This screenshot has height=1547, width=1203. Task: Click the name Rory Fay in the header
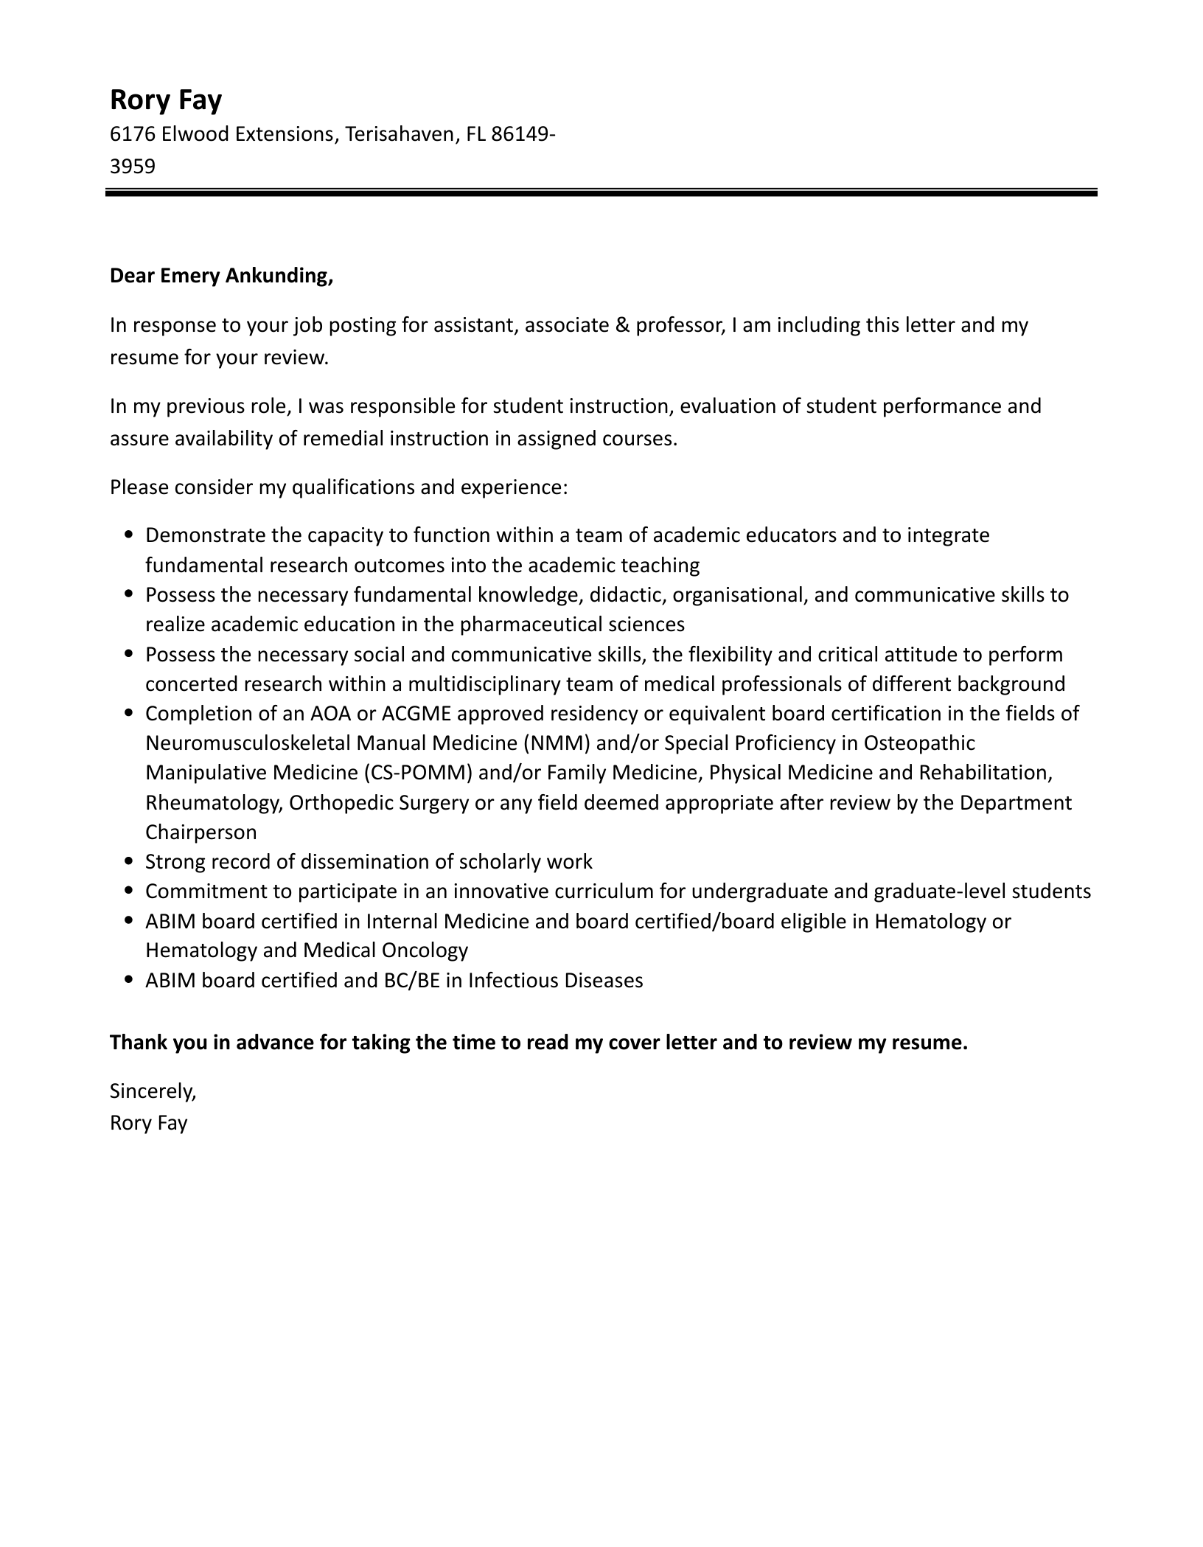click(165, 100)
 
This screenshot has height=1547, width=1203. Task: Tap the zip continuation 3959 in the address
click(133, 167)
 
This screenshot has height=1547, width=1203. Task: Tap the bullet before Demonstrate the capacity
click(129, 535)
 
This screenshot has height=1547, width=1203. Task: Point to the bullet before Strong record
click(129, 862)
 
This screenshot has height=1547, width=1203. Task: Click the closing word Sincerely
click(153, 1091)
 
